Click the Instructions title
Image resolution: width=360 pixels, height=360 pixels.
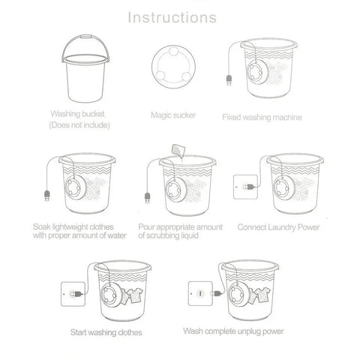pos(172,18)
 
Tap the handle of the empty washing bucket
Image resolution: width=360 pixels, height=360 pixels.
pos(85,37)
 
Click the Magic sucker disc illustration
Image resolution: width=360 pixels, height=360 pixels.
pos(173,66)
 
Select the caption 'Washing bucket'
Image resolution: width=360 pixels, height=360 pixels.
pos(77,114)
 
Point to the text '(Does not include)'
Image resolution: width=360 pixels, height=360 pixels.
pos(79,125)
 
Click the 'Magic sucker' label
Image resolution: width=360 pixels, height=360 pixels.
pos(173,115)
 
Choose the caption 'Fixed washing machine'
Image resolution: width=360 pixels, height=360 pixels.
pos(262,117)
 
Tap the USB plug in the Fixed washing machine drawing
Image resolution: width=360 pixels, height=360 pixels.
pos(229,80)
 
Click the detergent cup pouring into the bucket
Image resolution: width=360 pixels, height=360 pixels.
pos(178,151)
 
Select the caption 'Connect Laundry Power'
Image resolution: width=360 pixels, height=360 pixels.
pos(278,227)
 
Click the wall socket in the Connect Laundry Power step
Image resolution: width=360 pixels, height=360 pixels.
pos(245,187)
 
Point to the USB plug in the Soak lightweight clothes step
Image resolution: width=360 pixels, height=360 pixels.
pos(46,196)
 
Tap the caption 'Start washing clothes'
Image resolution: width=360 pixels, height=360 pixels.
pos(106,332)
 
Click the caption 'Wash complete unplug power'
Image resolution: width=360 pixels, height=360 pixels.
pos(233,331)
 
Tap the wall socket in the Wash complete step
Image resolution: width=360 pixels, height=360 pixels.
pos(200,293)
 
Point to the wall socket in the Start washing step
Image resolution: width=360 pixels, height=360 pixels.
pos(73,294)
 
